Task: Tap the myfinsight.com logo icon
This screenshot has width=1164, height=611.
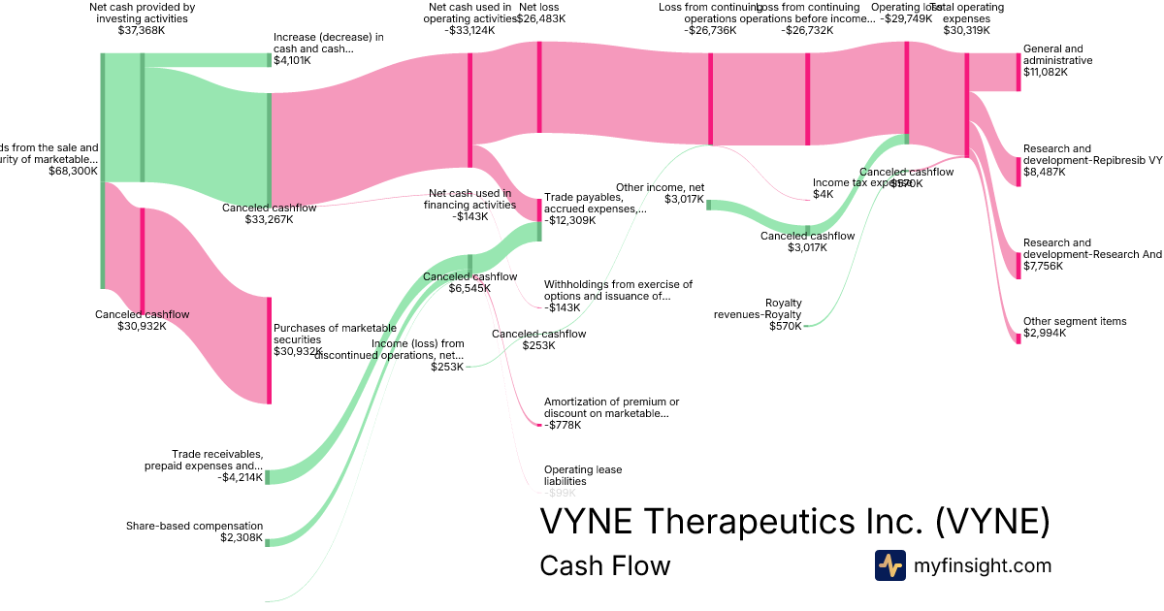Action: (889, 565)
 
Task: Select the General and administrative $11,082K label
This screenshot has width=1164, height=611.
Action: (1058, 60)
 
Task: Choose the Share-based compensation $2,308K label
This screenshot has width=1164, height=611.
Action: (194, 531)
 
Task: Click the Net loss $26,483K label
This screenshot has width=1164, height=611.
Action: (538, 13)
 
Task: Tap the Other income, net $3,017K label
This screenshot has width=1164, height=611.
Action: (659, 193)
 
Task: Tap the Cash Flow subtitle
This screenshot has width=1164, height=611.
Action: (604, 565)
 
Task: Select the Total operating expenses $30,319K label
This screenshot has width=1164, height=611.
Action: (970, 18)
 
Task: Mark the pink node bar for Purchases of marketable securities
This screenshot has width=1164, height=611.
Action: (269, 350)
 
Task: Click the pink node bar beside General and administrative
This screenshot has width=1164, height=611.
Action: (1018, 71)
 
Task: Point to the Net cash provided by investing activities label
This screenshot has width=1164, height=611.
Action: (142, 18)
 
